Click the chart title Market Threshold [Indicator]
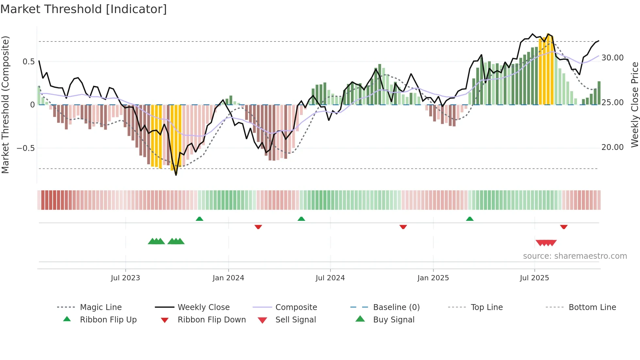click(84, 9)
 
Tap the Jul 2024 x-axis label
click(330, 278)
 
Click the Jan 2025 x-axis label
click(433, 278)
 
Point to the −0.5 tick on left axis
click(25, 148)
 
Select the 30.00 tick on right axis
click(612, 58)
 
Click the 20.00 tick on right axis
click(612, 147)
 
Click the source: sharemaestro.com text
click(575, 256)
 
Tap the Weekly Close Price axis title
click(634, 105)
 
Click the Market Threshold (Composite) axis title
click(5, 105)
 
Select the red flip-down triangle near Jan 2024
click(258, 227)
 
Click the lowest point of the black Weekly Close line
click(176, 175)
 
